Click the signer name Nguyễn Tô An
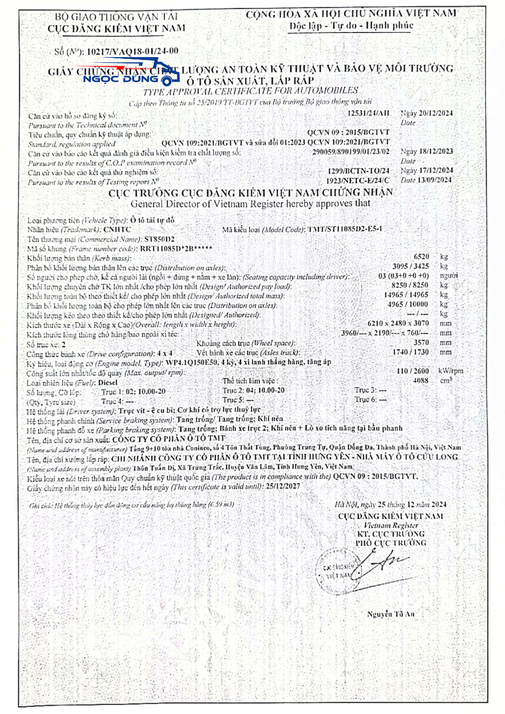coord(391,614)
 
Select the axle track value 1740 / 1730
coord(412,352)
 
